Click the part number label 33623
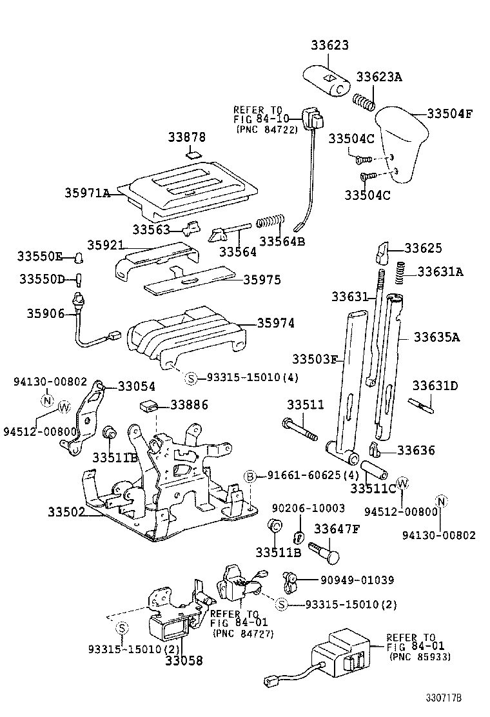coord(329,45)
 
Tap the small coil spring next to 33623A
coord(364,102)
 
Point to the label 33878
coord(187,137)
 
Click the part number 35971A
coord(87,192)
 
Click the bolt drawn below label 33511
coord(299,429)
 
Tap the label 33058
coord(182,660)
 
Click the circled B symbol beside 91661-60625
coord(250,476)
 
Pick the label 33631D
coord(435,386)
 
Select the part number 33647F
coord(336,529)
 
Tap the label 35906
coord(46,313)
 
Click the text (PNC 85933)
coord(420,656)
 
